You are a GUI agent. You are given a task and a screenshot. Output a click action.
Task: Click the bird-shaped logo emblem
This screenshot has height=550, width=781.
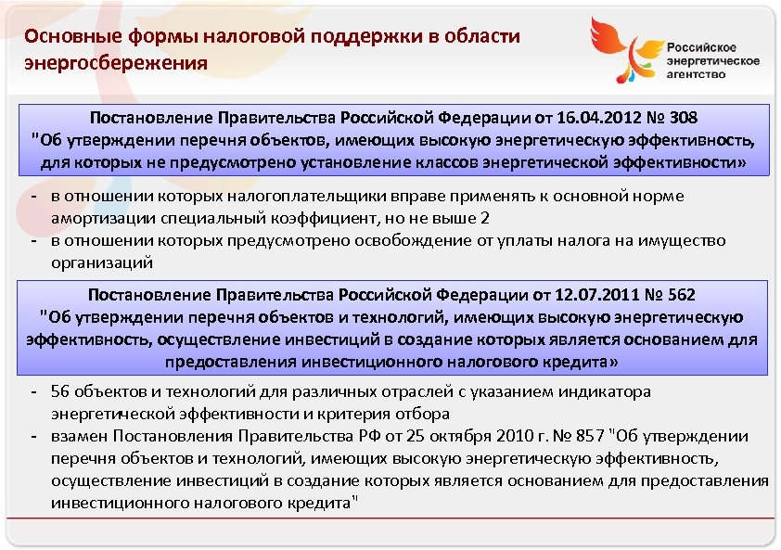click(623, 55)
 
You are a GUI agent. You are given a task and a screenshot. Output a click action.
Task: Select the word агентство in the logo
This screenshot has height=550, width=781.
click(697, 74)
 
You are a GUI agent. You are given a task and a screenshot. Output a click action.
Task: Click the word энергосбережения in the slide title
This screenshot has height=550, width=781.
click(117, 63)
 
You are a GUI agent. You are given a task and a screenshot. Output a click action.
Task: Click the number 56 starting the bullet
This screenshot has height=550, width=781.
click(59, 392)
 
